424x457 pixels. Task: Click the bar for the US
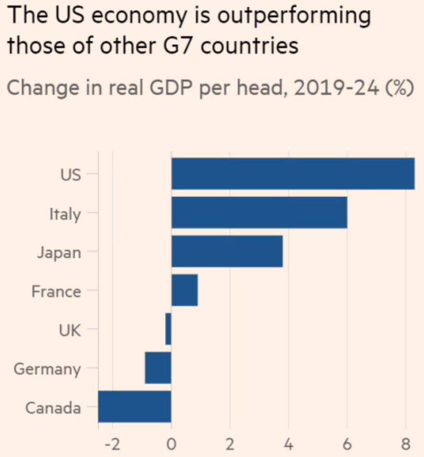[x=293, y=174]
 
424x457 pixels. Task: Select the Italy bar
[x=259, y=212]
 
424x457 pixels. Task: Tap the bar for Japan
[x=227, y=251]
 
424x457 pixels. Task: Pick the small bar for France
[x=184, y=290]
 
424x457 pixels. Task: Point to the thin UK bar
[x=168, y=329]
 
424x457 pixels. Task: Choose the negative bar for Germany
[x=158, y=368]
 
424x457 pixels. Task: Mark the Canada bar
[x=135, y=407]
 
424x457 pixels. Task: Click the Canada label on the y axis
[x=53, y=408]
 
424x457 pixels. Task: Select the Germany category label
[x=47, y=369]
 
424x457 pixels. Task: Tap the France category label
[x=56, y=291]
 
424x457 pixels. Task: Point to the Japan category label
[x=59, y=252]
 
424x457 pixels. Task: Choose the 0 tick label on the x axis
[x=171, y=444]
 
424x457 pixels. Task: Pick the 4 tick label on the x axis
[x=288, y=444]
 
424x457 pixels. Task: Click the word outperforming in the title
[x=293, y=16]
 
